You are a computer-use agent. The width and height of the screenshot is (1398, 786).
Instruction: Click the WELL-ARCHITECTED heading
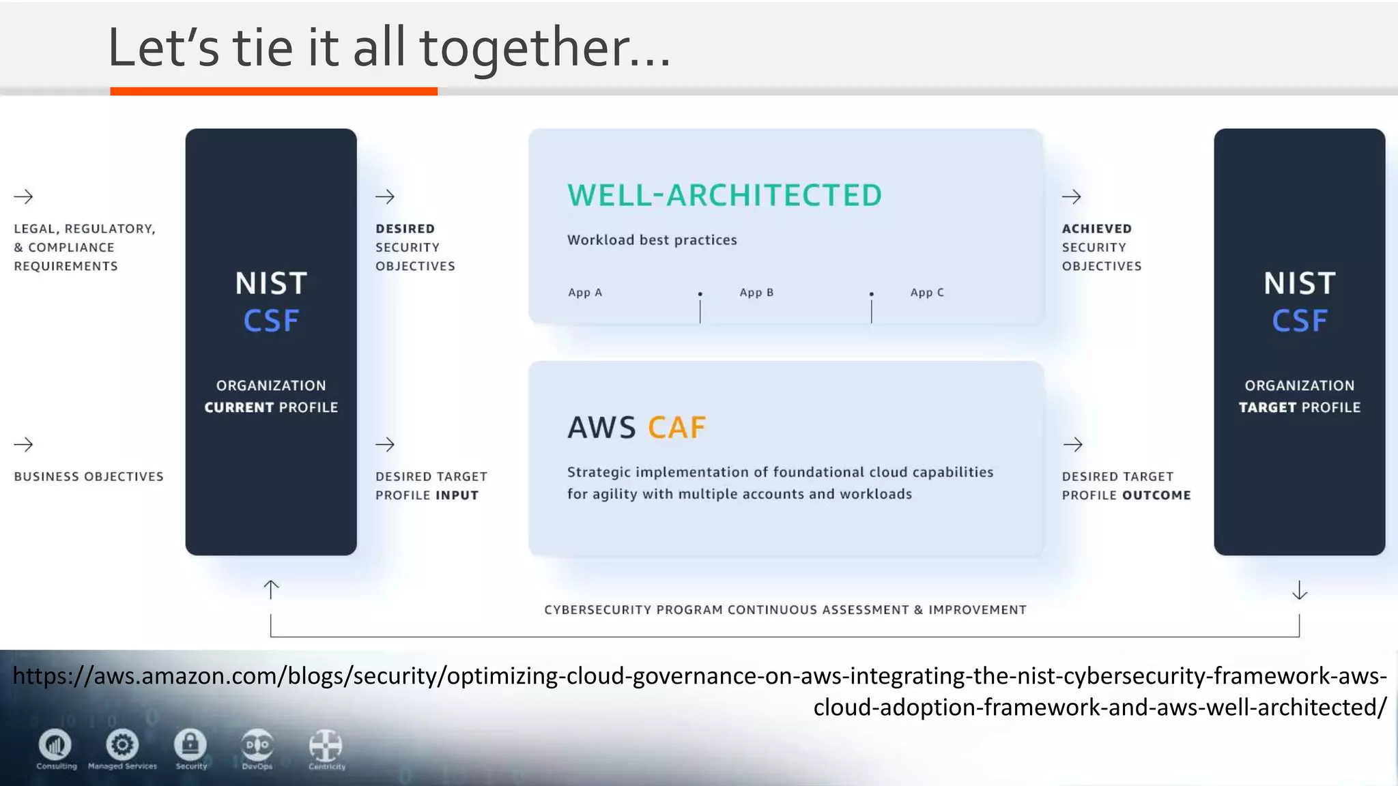coord(724,196)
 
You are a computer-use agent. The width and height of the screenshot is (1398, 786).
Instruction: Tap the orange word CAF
coord(676,428)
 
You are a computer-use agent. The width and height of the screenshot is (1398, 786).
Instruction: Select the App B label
coord(756,293)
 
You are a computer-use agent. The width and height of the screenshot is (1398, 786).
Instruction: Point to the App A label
coord(585,293)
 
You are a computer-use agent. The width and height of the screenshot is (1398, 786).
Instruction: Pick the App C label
coord(927,293)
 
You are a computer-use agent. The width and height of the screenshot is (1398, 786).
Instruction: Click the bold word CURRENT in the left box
coord(239,407)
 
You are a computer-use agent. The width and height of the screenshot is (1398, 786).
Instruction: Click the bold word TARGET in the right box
coord(1267,407)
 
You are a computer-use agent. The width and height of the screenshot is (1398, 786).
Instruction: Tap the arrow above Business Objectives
coord(24,445)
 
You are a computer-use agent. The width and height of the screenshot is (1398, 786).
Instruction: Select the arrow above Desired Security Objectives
coord(385,197)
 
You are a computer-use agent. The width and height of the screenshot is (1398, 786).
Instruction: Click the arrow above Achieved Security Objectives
coord(1072,197)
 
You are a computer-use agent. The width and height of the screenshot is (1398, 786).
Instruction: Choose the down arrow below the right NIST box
coord(1300,590)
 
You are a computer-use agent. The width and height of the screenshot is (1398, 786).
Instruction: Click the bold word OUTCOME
coord(1156,495)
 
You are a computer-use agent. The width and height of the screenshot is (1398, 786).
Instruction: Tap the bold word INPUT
coord(457,495)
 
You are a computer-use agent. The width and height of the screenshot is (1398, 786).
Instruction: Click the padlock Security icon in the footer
coord(190,744)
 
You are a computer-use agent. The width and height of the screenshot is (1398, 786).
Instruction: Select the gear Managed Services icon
coord(122,744)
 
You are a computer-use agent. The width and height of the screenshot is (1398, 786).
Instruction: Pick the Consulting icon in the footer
coord(55,744)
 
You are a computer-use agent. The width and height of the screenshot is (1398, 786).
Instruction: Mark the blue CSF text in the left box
coord(271,321)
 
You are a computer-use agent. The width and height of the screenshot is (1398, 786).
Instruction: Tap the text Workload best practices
coord(652,240)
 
